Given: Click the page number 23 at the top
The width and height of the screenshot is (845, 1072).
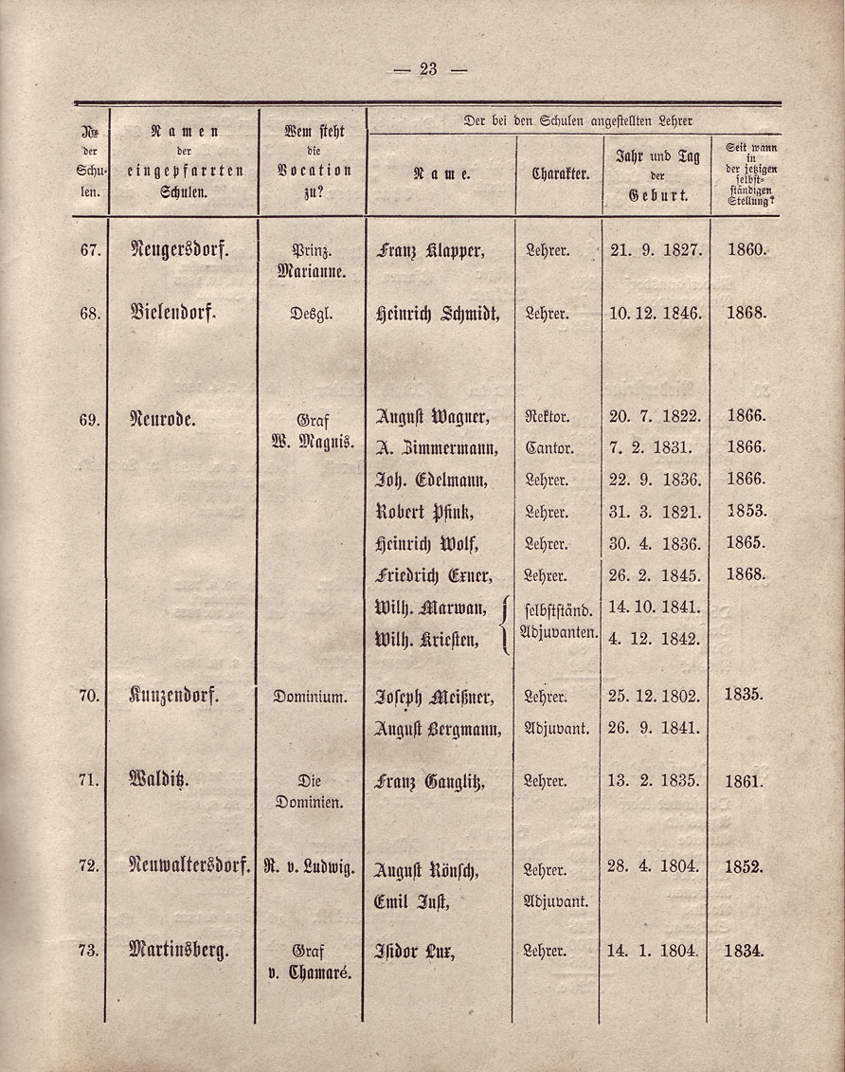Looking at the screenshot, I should pyautogui.click(x=427, y=68).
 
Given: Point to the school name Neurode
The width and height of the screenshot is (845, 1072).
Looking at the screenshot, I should pyautogui.click(x=163, y=416).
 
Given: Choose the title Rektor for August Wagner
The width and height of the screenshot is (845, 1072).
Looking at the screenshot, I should pyautogui.click(x=547, y=416).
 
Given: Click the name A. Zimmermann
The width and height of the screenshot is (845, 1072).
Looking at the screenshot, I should pyautogui.click(x=431, y=447).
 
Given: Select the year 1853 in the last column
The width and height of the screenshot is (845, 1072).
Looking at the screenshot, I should pyautogui.click(x=746, y=511).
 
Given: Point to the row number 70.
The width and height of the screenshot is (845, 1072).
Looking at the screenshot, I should pyautogui.click(x=90, y=696).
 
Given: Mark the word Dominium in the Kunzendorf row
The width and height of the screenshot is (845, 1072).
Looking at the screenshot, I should pyautogui.click(x=311, y=697).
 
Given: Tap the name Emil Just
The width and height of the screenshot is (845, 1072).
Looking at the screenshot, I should pyautogui.click(x=410, y=901).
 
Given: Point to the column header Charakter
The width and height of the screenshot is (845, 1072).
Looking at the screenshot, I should pyautogui.click(x=561, y=174).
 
